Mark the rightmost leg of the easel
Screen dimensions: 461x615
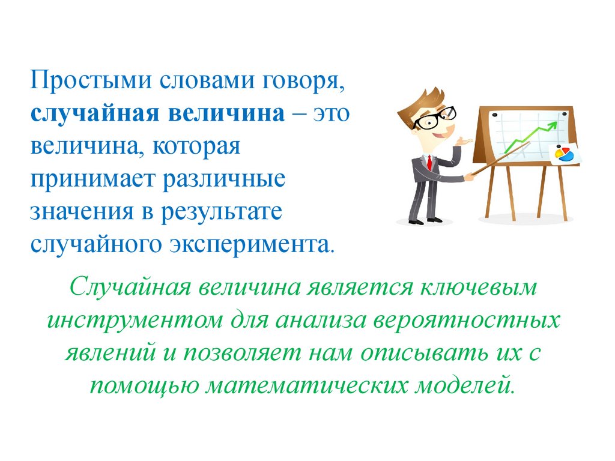pos(562,192)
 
